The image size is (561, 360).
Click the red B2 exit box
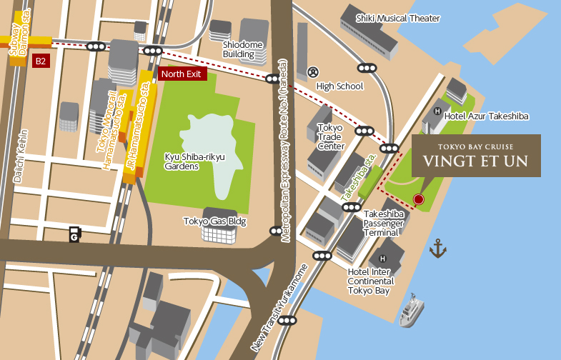click(41, 61)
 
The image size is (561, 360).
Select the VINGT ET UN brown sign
click(476, 156)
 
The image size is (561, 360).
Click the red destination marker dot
click(418, 199)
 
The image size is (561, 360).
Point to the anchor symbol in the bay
click(437, 249)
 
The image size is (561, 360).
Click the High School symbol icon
click(312, 72)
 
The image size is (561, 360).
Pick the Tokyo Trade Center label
click(330, 136)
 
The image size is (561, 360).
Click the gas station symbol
click(74, 234)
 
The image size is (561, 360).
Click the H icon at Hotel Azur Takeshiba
click(437, 111)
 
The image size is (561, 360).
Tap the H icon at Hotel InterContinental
click(382, 259)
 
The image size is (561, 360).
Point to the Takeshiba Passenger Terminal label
click(384, 224)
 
